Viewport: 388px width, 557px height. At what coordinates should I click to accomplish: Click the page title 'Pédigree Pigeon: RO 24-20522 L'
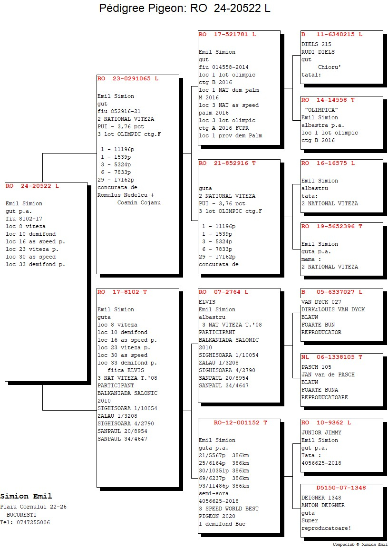tap(184, 8)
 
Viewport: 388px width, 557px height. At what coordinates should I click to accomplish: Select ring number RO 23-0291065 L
tap(128, 78)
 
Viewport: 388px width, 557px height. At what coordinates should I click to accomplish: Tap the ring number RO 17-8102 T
tap(122, 292)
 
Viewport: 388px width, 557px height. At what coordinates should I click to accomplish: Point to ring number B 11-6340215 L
tap(332, 35)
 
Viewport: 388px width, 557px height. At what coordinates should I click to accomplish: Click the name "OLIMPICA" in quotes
tap(321, 110)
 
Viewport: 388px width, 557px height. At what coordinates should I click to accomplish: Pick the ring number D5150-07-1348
tap(341, 488)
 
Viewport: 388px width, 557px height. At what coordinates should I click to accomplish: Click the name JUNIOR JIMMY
tap(321, 432)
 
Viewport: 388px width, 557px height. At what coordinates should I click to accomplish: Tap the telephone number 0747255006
tap(33, 522)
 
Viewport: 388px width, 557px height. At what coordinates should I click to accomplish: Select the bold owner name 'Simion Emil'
tap(26, 496)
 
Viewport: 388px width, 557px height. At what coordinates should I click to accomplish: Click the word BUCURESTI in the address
tap(21, 515)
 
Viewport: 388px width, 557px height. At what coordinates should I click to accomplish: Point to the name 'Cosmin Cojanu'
tap(139, 202)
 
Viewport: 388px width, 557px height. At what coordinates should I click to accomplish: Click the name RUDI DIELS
tap(318, 52)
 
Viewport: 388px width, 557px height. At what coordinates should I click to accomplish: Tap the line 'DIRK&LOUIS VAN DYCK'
tap(333, 309)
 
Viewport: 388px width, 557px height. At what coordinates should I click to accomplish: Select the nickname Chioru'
tap(330, 67)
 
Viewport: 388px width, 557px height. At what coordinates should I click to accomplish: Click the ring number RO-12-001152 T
tap(241, 423)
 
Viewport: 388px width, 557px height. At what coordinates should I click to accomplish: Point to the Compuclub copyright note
tap(359, 544)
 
